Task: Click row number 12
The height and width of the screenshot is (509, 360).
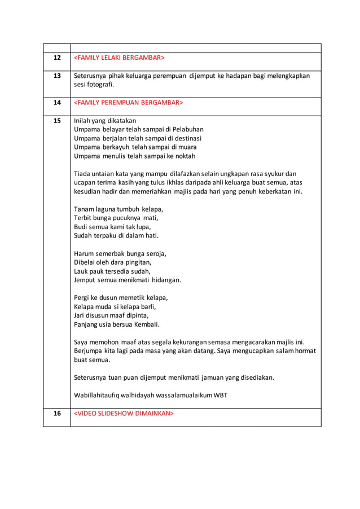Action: tap(57, 58)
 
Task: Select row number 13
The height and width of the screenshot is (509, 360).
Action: tap(57, 76)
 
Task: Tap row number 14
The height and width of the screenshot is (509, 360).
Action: tap(57, 103)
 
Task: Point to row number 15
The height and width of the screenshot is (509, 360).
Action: tap(57, 120)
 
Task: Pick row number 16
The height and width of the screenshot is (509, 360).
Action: tap(57, 414)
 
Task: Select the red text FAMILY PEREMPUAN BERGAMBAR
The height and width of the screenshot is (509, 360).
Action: tap(129, 103)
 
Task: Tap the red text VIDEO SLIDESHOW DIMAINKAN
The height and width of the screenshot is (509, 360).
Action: tap(124, 414)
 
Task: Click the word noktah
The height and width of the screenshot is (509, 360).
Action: tap(184, 156)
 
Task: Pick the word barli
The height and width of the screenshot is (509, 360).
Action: tap(145, 306)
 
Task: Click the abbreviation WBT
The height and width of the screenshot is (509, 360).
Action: tap(220, 395)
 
